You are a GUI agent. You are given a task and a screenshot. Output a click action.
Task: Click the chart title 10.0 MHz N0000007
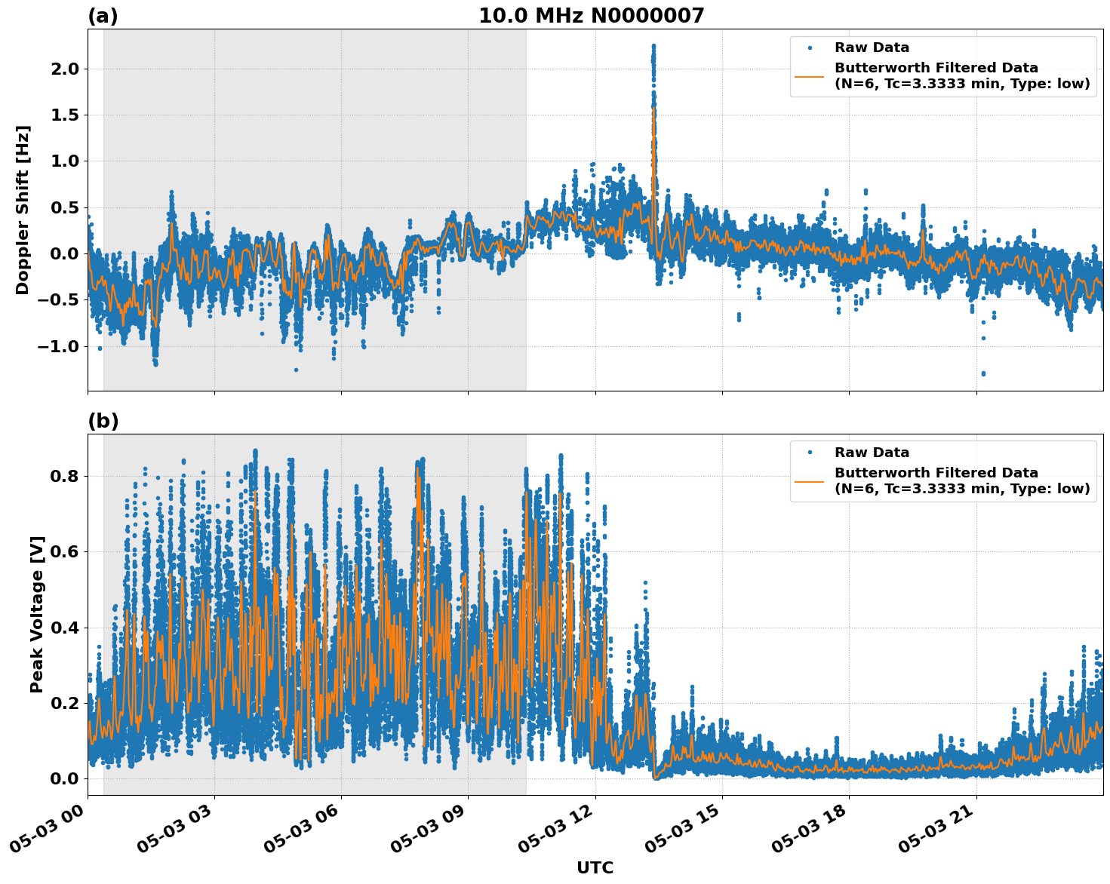(591, 16)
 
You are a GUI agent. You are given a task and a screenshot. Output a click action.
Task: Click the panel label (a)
(103, 16)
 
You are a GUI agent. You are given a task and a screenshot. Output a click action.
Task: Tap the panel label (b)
(103, 421)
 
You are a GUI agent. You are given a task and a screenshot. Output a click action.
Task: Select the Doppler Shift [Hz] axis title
(23, 210)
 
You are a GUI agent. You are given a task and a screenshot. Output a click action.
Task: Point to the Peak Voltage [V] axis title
(37, 614)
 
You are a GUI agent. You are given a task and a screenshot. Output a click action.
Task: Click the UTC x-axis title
(595, 867)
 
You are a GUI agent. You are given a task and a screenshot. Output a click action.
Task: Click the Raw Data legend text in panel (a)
(872, 48)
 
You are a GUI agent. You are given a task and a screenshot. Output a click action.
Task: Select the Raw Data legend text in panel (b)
(872, 453)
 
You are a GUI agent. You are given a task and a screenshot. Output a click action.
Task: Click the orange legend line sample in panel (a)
(809, 76)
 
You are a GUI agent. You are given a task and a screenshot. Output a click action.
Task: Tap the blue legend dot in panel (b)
(809, 453)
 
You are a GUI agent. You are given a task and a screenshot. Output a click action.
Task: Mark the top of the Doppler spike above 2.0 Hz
(653, 46)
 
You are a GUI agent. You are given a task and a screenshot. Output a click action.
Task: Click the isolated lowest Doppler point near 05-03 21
(983, 373)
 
